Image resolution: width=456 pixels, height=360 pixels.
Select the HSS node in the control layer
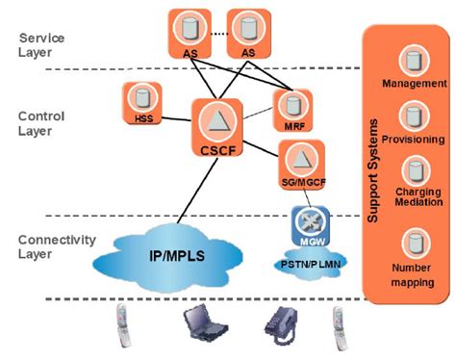143,104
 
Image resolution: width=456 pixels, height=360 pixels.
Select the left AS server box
190,33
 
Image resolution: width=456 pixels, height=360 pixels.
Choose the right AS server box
248,33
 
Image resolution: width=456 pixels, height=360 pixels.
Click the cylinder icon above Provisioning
412,118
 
